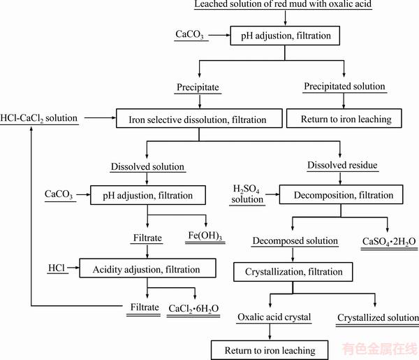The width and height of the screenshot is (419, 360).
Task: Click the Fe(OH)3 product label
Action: [x=205, y=236]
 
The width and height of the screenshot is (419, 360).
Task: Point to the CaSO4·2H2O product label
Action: [x=389, y=242]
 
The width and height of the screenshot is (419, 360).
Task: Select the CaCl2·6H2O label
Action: [x=193, y=309]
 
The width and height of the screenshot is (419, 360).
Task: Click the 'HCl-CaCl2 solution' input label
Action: [x=38, y=118]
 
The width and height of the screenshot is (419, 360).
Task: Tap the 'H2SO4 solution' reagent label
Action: [x=247, y=194]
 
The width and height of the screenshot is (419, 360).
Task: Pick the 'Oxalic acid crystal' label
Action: [x=274, y=317]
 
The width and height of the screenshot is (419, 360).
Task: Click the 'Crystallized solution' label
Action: [x=378, y=317]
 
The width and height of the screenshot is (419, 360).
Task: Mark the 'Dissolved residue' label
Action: [x=342, y=165]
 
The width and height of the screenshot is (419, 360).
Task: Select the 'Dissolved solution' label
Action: [x=147, y=166]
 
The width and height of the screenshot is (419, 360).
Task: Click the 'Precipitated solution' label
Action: [x=344, y=86]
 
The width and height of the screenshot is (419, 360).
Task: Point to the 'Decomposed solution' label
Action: [x=295, y=240]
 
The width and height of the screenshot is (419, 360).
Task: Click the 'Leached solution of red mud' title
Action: [x=283, y=4]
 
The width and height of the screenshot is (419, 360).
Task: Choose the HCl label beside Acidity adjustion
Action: [x=57, y=268]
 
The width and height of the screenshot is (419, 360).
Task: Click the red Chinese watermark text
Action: [x=380, y=349]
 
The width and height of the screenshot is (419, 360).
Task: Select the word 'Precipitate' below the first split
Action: [x=198, y=87]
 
